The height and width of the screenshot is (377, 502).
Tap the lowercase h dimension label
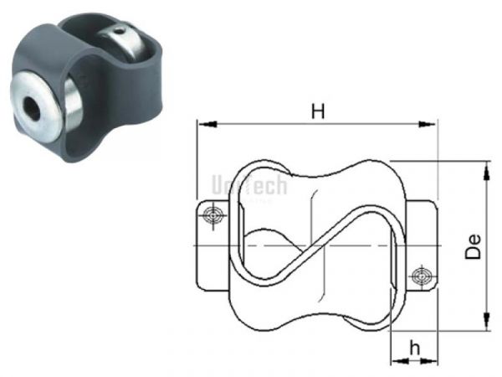coord(412,346)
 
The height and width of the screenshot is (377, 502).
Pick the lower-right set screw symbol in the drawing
coord(421,274)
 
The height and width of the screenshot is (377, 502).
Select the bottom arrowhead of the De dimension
coord(485,323)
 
